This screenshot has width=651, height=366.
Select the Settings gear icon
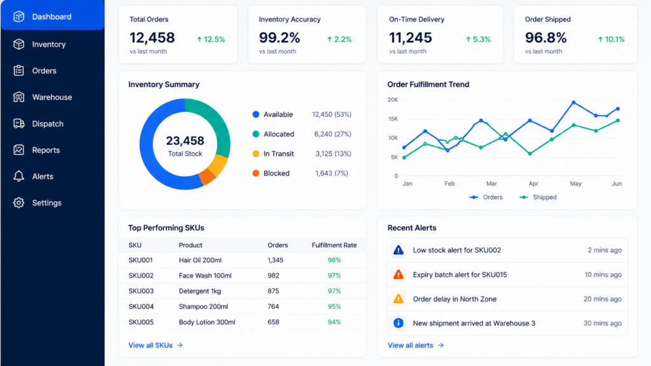(18, 203)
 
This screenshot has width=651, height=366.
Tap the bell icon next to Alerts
(18, 177)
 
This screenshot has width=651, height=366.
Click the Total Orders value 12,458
(152, 37)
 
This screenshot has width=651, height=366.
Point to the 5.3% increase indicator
(478, 39)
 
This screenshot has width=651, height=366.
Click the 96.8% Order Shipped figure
(545, 37)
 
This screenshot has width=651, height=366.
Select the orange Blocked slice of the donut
(207, 177)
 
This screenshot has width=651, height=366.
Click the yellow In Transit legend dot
(256, 154)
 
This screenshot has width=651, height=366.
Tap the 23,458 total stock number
(185, 140)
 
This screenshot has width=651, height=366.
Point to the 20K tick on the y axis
(392, 100)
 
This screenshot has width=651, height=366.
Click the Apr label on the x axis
(533, 184)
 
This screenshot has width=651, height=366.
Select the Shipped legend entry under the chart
(538, 197)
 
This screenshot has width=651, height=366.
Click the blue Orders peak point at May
(573, 102)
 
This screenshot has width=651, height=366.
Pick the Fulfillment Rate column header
(334, 245)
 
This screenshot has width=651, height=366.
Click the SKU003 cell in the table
(140, 291)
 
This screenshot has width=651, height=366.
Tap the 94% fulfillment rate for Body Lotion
(334, 322)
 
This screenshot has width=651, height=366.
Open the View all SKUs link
(156, 345)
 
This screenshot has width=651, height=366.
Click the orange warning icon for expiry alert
(398, 274)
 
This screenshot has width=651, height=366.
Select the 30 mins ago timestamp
(603, 323)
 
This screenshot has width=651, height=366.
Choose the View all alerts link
(416, 345)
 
